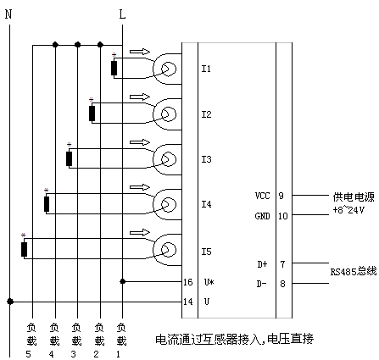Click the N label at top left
(8, 14)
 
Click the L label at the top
(122, 14)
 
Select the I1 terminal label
(206, 69)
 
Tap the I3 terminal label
(206, 159)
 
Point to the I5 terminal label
(206, 252)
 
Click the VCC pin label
(263, 196)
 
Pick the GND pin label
(263, 216)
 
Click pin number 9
(281, 196)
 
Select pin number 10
(283, 216)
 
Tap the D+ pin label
(262, 264)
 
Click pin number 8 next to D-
(282, 284)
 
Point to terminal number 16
(188, 282)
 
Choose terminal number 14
(188, 302)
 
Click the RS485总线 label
(354, 271)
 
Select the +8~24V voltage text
(348, 210)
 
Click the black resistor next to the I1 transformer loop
(114, 68)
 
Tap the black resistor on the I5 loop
(24, 249)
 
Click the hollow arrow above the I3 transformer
(140, 142)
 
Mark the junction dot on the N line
(10, 302)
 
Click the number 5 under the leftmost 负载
(28, 354)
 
